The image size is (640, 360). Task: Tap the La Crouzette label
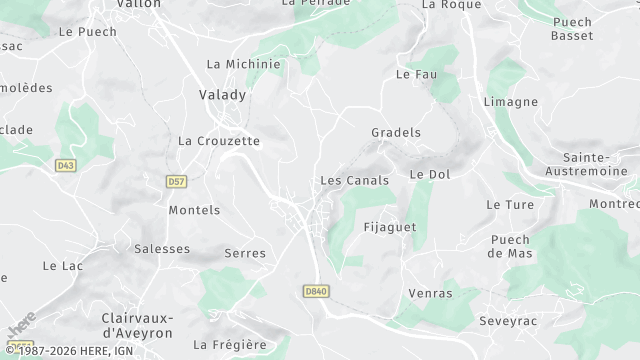pyautogui.click(x=219, y=141)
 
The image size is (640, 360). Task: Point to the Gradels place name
pyautogui.click(x=396, y=132)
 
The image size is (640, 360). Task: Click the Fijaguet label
pyautogui.click(x=390, y=227)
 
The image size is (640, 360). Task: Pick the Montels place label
pyautogui.click(x=194, y=210)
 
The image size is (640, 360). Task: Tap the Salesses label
pyautogui.click(x=162, y=249)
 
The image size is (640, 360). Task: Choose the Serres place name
pyautogui.click(x=246, y=253)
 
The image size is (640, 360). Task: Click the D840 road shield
pyautogui.click(x=315, y=291)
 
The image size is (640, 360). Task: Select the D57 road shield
pyautogui.click(x=178, y=182)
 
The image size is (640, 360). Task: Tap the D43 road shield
pyautogui.click(x=66, y=164)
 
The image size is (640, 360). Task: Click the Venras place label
pyautogui.click(x=431, y=294)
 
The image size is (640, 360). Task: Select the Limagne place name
pyautogui.click(x=511, y=102)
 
